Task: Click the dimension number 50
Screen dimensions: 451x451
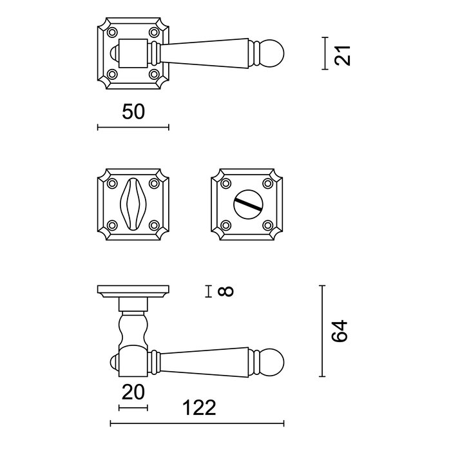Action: point(133,111)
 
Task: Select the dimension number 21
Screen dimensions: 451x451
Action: point(345,53)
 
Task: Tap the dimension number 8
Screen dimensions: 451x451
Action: point(225,292)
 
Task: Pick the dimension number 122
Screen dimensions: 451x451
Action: point(197,408)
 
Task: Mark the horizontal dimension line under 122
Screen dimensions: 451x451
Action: point(197,423)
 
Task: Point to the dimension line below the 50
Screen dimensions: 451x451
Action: point(133,127)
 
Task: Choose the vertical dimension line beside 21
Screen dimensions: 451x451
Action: point(324,53)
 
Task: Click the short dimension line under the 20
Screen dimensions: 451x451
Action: point(133,407)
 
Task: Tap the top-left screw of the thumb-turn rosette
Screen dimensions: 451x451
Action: point(111,180)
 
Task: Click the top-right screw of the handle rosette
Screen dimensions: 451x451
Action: point(155,32)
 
